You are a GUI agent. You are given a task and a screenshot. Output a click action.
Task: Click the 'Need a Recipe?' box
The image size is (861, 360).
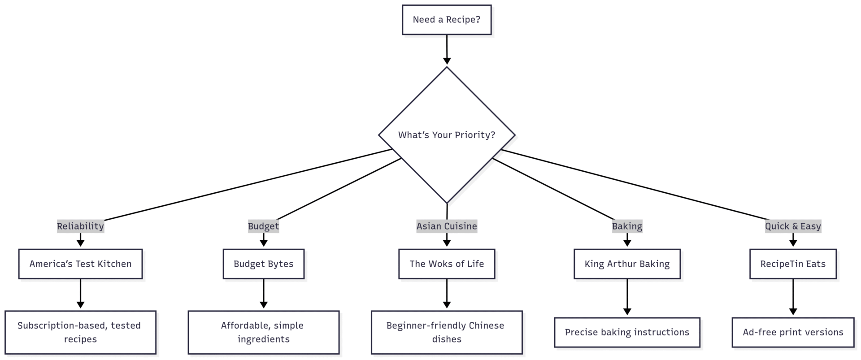447,20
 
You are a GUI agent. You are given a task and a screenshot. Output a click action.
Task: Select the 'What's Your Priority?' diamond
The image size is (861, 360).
447,135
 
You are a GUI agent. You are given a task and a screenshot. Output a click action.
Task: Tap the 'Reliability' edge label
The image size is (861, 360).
80,226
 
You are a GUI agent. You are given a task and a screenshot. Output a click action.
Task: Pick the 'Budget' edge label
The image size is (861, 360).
264,226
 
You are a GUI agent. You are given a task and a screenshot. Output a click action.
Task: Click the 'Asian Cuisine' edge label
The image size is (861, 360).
447,226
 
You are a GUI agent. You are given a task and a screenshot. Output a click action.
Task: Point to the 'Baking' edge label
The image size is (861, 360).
627,226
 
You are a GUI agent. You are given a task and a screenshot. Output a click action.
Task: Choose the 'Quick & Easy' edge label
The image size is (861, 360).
793,226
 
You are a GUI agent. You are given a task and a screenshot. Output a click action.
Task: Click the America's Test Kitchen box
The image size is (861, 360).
81,264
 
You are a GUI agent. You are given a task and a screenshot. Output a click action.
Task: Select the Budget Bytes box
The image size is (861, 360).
264,264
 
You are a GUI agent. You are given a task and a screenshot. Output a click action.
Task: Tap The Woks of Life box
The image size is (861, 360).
447,264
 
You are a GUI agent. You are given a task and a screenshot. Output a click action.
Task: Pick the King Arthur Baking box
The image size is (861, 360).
627,264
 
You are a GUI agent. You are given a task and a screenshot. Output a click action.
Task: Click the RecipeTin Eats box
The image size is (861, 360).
793,264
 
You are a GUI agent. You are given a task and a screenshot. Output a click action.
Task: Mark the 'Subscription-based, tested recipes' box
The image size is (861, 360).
81,332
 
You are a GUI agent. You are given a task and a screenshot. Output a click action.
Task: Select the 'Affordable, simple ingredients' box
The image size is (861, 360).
264,332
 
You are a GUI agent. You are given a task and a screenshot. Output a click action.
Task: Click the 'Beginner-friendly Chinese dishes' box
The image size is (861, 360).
447,332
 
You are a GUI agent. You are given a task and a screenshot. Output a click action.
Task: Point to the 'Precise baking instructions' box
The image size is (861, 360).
627,332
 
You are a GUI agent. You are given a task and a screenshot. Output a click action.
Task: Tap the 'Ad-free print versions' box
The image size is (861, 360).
793,332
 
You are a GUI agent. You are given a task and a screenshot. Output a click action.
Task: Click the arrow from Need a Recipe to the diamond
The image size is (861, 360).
447,50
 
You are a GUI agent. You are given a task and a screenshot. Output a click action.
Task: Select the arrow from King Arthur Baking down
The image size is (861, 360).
627,297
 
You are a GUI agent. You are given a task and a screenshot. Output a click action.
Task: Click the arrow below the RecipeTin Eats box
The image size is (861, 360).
793,297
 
